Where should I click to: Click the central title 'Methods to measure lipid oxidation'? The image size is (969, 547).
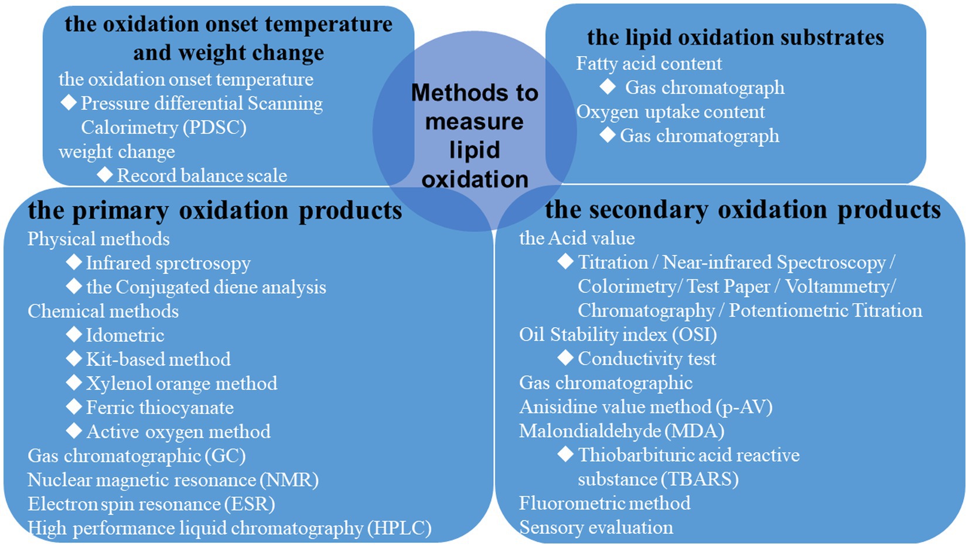click(475, 135)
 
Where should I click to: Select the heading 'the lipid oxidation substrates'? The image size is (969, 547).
click(735, 37)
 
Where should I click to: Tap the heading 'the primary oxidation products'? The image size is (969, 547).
click(215, 210)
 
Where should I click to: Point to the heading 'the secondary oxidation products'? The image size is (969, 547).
click(743, 210)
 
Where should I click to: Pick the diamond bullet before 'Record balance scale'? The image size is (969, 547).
click(105, 174)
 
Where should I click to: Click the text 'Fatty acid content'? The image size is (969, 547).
click(649, 64)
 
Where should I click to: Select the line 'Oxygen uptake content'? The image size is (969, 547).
click(671, 112)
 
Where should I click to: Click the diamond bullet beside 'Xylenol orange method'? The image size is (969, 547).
click(74, 382)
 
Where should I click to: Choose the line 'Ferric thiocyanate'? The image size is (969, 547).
click(159, 407)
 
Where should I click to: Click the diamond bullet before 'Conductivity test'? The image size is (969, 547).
click(565, 358)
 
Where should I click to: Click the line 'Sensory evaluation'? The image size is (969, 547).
click(596, 528)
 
